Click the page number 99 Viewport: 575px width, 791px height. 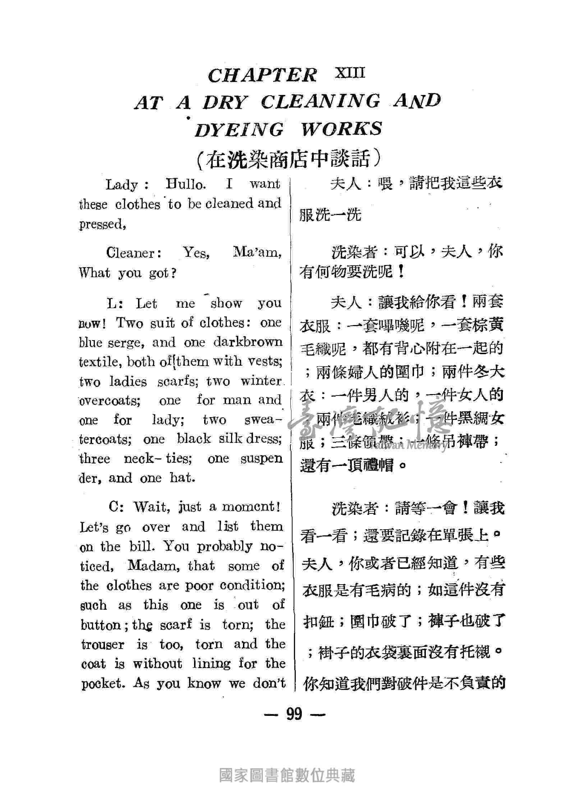pyautogui.click(x=294, y=714)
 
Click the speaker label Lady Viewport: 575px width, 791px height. pyautogui.click(x=122, y=185)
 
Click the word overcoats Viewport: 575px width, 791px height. pyautogui.click(x=110, y=401)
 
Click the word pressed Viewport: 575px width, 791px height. pyautogui.click(x=102, y=224)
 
